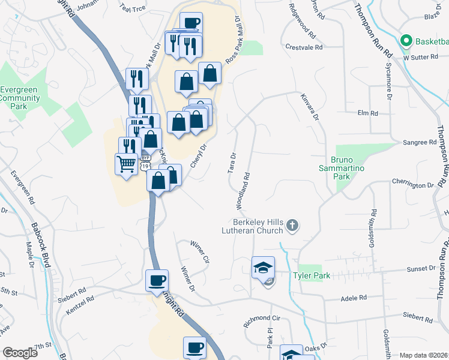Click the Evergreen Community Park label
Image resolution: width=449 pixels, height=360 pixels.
point(23,98)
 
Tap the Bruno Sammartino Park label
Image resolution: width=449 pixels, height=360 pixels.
point(349,164)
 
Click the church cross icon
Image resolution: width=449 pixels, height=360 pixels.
point(292,226)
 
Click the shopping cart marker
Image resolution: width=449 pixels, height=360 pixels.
point(126,163)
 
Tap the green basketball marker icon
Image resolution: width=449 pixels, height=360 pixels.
point(406,41)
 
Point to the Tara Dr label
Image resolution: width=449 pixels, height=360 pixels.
point(232,163)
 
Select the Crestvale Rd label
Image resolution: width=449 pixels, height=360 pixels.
point(304,46)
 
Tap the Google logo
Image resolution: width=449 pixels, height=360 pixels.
point(20,353)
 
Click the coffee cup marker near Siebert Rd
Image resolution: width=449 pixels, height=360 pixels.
point(157,280)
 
